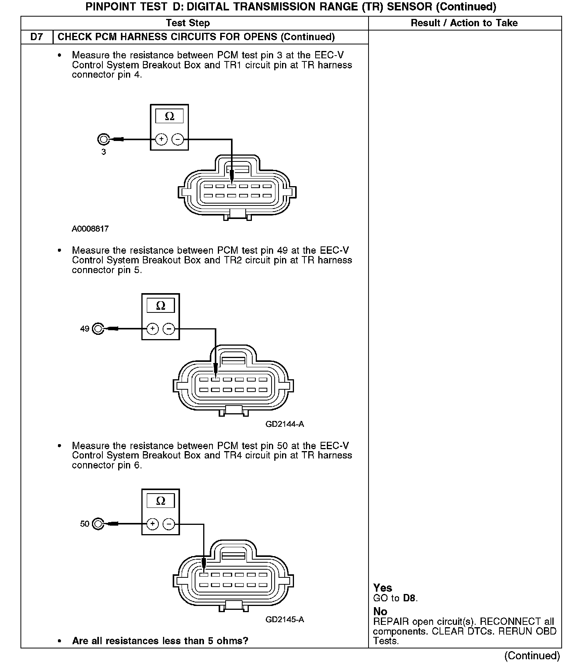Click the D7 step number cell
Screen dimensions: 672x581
pos(37,37)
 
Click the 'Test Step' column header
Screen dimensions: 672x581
pos(188,23)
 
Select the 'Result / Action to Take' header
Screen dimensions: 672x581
pos(464,23)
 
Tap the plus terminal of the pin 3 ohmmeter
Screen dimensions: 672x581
pos(161,139)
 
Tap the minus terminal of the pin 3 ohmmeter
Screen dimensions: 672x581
pos(178,139)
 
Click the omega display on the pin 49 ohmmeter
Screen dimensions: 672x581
pos(160,306)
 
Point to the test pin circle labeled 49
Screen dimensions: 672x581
pos(99,329)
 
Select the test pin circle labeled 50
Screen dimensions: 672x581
pos(99,524)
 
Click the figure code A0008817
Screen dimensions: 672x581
pos(90,229)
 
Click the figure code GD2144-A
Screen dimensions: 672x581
pos(285,424)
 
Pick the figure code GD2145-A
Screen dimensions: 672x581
pos(285,619)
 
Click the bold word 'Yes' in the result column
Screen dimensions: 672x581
pos(382,588)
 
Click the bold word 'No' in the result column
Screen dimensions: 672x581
pos(380,611)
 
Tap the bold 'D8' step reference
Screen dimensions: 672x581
pos(409,598)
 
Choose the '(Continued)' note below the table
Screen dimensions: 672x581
pos(532,655)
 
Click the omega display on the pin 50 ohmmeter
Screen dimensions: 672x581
pos(160,501)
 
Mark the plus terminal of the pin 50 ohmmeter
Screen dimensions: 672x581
pos(153,524)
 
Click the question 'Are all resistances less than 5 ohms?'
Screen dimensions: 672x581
pos(160,641)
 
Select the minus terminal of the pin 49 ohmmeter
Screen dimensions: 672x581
pos(169,329)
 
